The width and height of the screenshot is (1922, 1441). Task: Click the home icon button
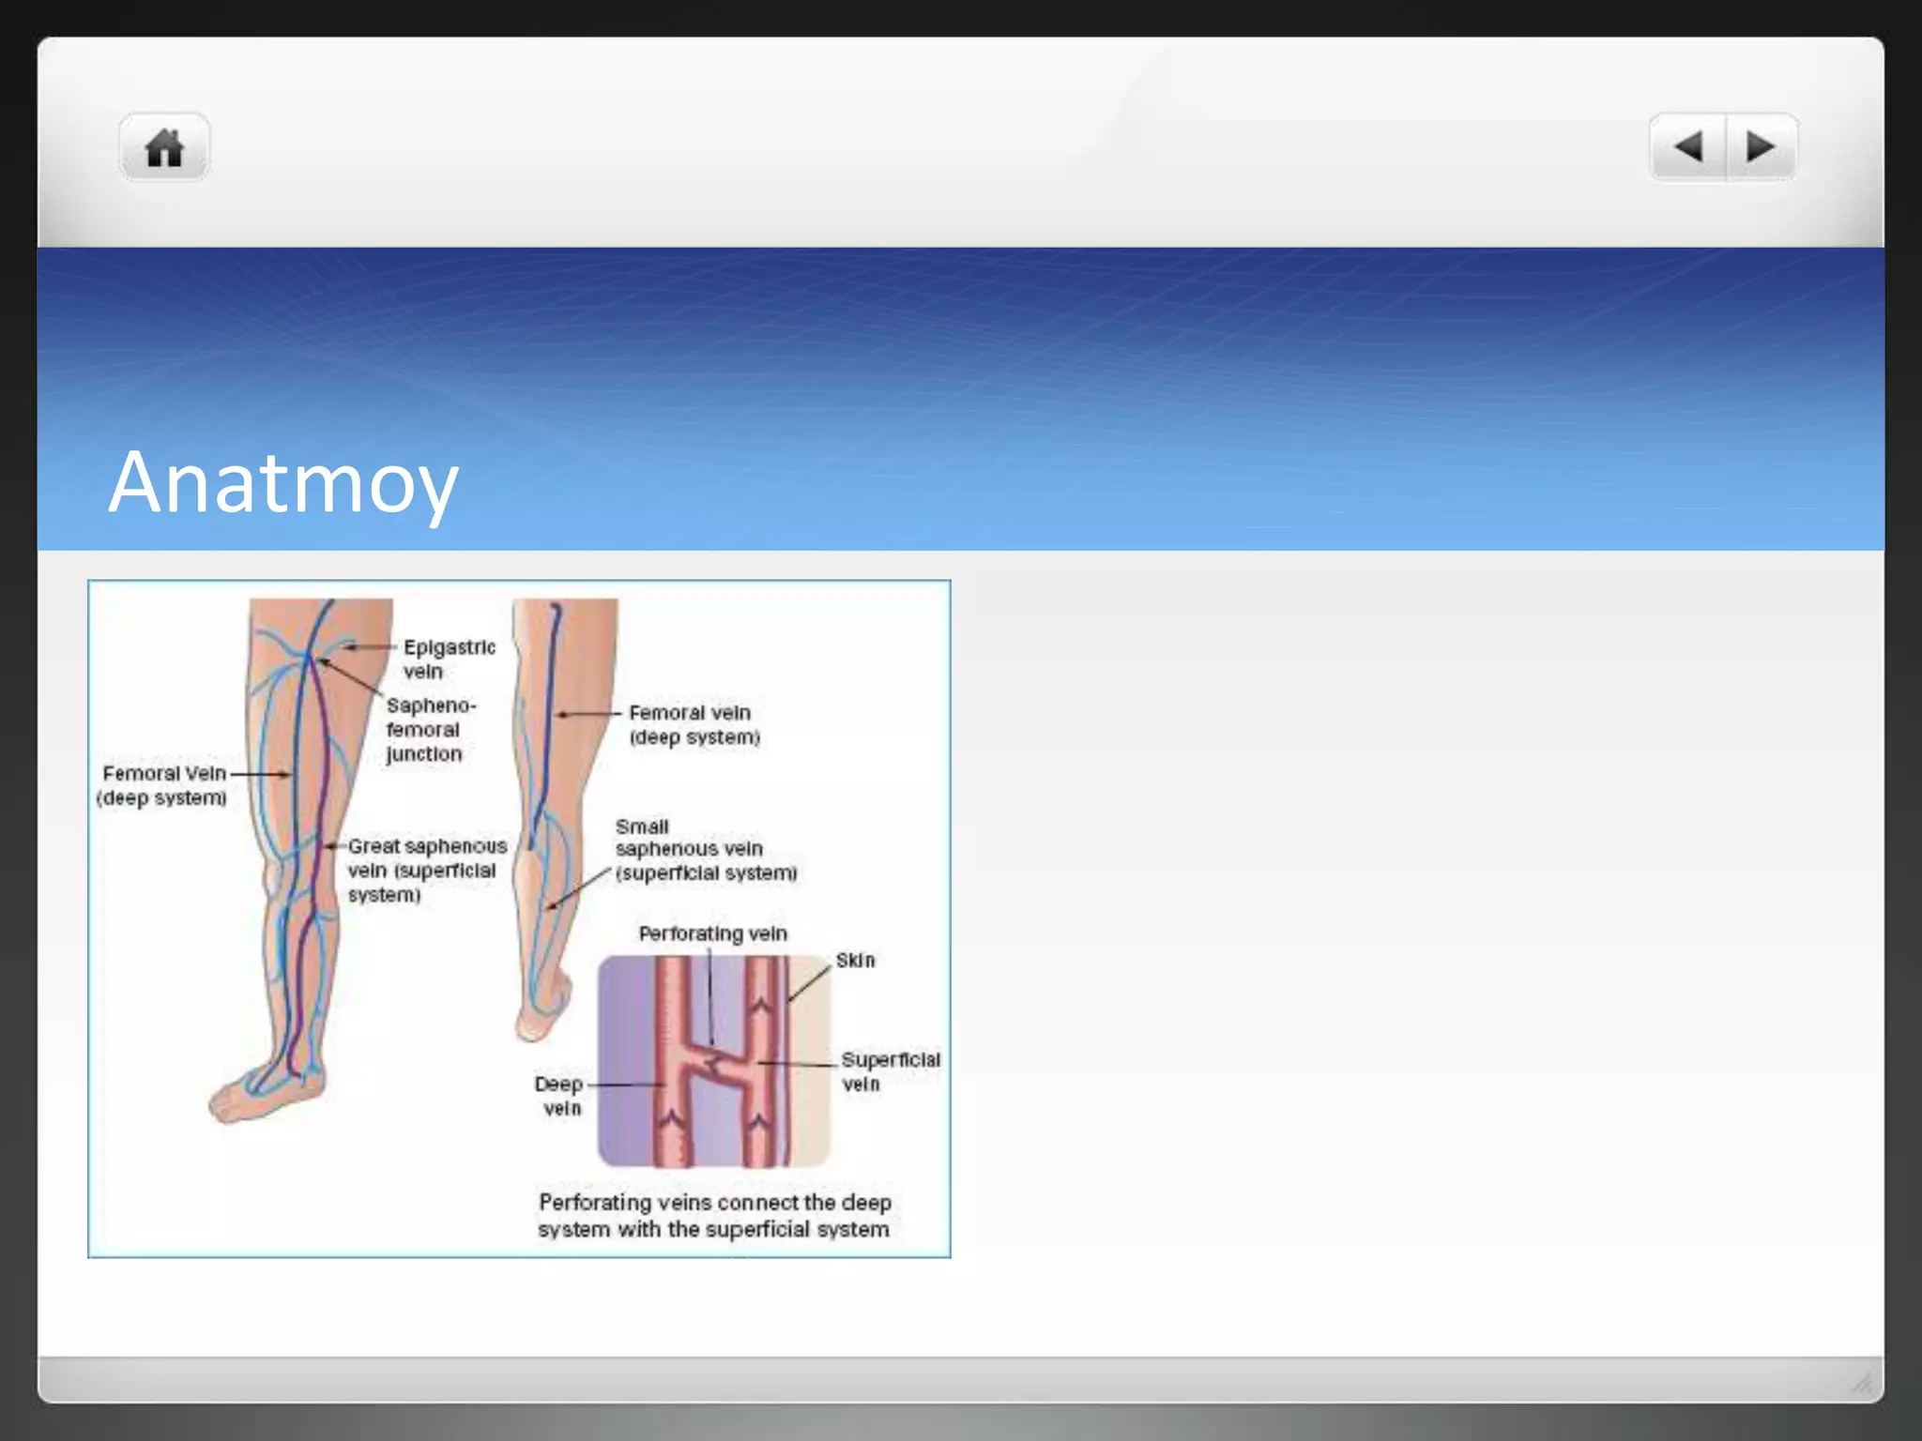click(164, 148)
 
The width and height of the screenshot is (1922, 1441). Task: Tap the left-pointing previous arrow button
click(1687, 147)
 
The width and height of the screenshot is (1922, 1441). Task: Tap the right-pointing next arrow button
click(1761, 147)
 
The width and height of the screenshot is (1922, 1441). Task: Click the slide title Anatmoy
click(282, 482)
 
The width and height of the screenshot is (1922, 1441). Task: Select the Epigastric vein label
click(449, 659)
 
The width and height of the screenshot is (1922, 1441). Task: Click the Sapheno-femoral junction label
click(430, 730)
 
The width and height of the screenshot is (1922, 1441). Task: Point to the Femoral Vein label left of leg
click(163, 785)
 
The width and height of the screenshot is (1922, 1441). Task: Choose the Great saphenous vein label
click(426, 871)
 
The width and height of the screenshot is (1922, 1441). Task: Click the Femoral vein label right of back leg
click(694, 725)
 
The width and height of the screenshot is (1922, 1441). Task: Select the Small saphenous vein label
click(704, 850)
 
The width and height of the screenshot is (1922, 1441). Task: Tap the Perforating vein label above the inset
click(712, 933)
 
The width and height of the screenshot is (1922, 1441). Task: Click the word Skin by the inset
click(855, 961)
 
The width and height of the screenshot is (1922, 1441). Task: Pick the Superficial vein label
click(890, 1071)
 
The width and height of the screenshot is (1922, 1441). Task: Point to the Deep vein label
click(559, 1096)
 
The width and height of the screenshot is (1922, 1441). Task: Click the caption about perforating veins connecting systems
click(713, 1216)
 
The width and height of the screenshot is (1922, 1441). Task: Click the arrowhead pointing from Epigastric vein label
click(349, 647)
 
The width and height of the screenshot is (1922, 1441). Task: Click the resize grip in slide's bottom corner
click(1862, 1382)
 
